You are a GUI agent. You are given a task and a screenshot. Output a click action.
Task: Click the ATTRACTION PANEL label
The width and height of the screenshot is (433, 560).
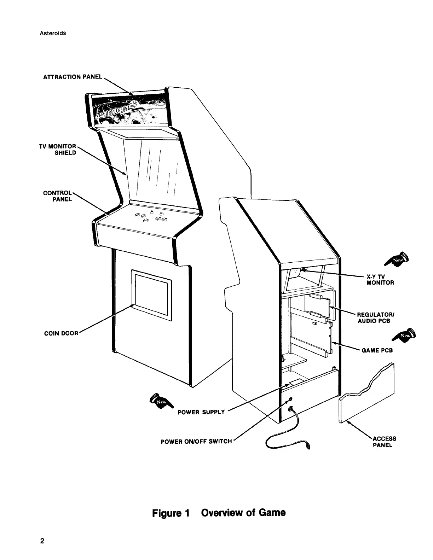pos(73,77)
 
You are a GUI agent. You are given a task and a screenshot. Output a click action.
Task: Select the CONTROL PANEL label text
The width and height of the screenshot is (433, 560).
pos(58,196)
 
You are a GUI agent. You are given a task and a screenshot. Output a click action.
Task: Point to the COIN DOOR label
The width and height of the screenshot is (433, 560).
pos(61,333)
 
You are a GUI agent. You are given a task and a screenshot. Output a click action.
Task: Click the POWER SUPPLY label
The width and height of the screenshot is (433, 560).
pos(201,412)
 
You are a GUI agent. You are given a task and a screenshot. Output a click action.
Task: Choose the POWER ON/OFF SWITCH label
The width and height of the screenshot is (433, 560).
pos(196,441)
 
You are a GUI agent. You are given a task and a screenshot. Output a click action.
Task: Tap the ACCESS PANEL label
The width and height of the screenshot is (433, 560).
pos(384,442)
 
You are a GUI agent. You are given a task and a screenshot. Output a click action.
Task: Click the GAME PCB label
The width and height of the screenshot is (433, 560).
pos(377,350)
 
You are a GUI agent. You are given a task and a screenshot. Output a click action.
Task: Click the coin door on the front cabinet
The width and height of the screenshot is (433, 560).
pos(151,293)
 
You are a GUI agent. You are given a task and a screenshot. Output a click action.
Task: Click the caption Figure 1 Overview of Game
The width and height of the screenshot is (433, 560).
pos(219,513)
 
